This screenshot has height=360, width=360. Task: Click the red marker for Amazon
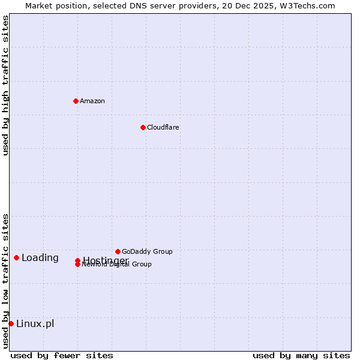(x=76, y=101)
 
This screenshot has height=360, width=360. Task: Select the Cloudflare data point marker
(x=143, y=127)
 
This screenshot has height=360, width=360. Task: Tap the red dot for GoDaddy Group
(x=118, y=251)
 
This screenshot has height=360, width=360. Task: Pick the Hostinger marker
(x=77, y=260)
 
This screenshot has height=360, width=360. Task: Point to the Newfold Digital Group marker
(x=77, y=265)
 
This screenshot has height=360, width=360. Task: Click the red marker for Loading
(x=16, y=257)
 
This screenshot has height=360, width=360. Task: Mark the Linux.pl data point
(x=11, y=323)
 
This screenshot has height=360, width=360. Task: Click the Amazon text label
(x=92, y=101)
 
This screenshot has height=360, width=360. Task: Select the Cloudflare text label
(x=163, y=127)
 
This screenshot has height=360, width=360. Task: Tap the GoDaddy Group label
(x=147, y=251)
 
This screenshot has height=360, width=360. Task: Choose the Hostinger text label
(x=106, y=260)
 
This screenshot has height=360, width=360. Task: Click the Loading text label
(x=40, y=258)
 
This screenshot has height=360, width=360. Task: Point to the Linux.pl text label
(x=35, y=324)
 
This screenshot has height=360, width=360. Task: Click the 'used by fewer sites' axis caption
(x=62, y=355)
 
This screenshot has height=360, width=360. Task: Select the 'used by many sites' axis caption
(x=301, y=355)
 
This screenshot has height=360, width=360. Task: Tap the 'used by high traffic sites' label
(x=6, y=85)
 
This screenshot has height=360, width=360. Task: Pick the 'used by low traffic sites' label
(x=6, y=281)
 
